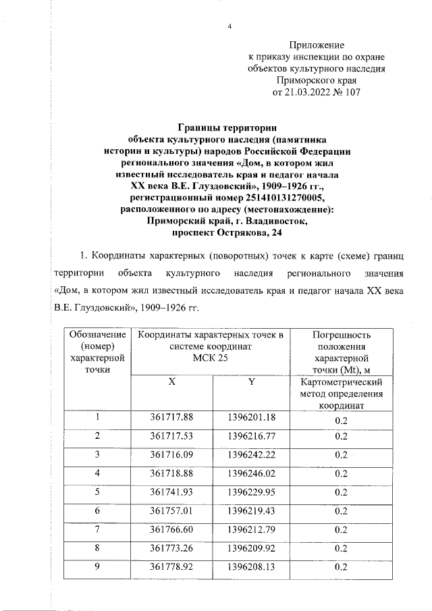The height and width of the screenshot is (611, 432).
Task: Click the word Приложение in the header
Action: click(316, 44)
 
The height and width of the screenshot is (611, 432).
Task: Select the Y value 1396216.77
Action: click(252, 435)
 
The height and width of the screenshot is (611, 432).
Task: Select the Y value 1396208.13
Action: click(252, 566)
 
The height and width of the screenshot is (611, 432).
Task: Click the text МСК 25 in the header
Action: click(211, 358)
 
